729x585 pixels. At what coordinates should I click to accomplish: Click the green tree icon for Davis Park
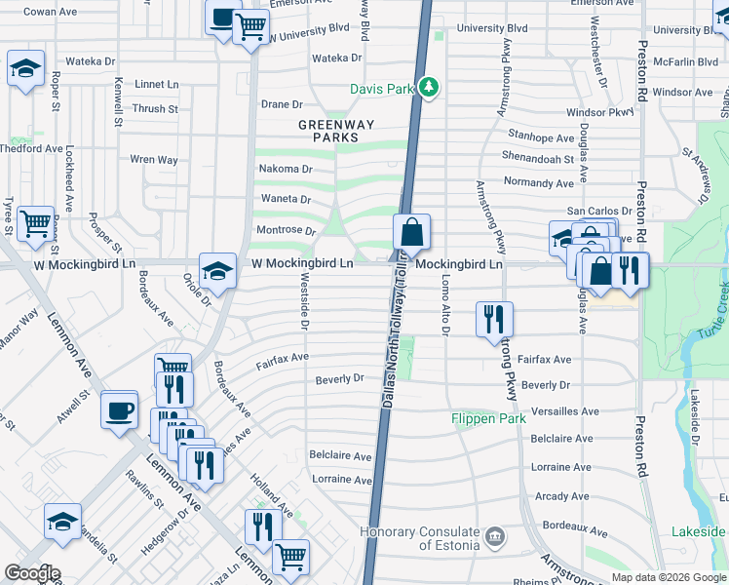pos(429,89)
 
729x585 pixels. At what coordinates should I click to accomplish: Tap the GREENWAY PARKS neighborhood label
pos(336,132)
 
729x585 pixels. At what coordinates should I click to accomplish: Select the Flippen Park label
pos(488,418)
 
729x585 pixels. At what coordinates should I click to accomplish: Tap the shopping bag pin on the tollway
pos(411,233)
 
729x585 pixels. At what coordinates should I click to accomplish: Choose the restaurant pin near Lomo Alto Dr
pos(494,319)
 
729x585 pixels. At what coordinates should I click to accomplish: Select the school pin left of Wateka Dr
pos(25,68)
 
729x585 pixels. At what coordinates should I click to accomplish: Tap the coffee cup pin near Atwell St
pos(120,409)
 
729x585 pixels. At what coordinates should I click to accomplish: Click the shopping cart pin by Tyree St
pos(35,223)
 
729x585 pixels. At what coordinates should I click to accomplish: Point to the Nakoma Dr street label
pos(285,169)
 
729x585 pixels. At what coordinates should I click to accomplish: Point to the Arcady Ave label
pos(562,496)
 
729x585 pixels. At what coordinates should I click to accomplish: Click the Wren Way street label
pos(154,159)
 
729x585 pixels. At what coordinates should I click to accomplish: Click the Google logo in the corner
pos(31,573)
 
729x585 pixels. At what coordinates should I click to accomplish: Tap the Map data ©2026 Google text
pos(668,577)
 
